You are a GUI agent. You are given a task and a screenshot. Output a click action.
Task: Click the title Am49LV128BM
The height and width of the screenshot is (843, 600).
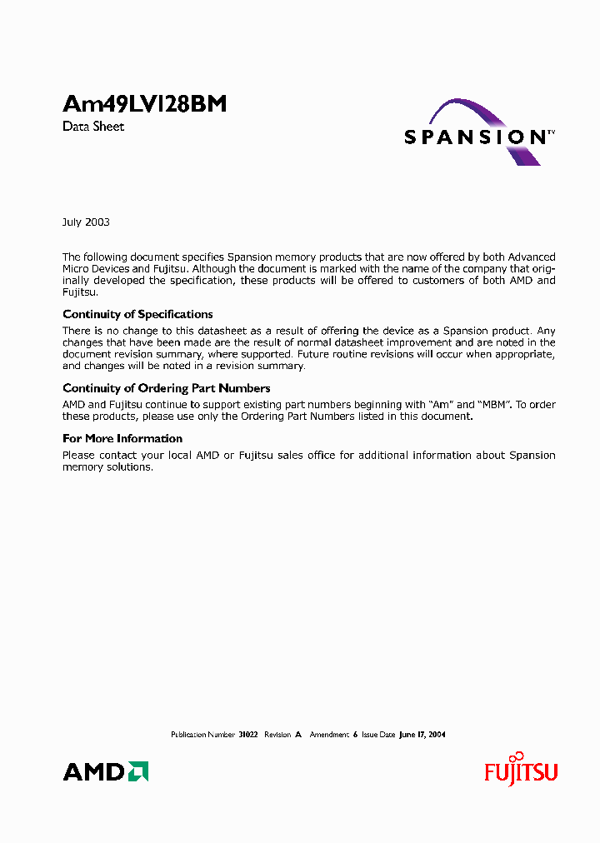pos(144,105)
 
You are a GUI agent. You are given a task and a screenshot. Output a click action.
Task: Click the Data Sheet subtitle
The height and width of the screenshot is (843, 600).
pos(93,127)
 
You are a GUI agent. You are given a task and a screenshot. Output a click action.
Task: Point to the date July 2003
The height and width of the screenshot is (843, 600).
pos(86,222)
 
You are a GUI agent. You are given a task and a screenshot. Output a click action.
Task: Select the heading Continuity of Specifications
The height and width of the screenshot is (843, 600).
pos(137,315)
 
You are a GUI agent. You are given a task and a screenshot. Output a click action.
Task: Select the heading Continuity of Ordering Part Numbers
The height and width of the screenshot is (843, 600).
pos(166,388)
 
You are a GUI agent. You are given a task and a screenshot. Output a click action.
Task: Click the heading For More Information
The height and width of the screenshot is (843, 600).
pos(122,439)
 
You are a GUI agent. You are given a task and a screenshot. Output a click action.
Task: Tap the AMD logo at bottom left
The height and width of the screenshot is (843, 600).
pos(106,772)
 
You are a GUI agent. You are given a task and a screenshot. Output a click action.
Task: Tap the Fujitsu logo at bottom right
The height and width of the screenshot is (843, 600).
pos(521,771)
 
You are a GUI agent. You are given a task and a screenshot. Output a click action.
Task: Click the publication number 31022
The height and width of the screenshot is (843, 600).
pos(248,735)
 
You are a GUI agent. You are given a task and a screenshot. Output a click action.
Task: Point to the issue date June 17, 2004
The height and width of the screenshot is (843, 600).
pos(422,735)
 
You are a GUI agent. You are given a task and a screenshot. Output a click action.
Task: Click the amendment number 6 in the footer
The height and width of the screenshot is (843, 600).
pos(355,735)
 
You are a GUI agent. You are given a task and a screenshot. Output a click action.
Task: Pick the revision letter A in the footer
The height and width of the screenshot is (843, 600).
pos(297,735)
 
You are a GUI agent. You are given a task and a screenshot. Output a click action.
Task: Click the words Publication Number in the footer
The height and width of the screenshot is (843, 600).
pos(202,735)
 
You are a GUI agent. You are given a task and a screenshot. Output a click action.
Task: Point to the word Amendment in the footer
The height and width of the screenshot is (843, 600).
pos(329,735)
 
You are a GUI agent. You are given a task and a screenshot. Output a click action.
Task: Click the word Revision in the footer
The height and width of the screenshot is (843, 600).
pos(277,735)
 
